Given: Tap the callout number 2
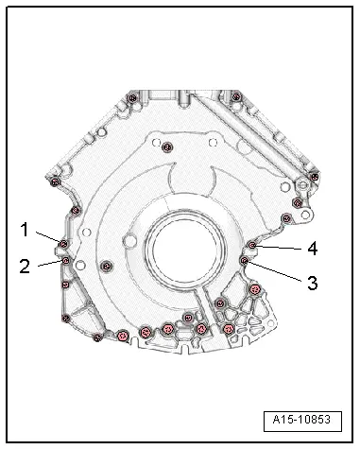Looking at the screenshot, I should coord(26,265).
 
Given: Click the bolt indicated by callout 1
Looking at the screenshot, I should coord(63,245).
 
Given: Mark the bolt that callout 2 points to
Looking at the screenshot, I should coord(65,261).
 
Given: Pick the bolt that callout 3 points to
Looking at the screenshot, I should coord(245,260).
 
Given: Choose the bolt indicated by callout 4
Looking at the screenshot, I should coord(251,246).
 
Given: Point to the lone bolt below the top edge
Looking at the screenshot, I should coord(166,146).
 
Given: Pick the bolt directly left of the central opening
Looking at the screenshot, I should coord(106,263).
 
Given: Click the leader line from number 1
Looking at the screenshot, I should coord(47,235).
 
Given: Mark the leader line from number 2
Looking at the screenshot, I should coord(47,264).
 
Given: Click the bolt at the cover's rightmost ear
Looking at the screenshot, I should coord(304,186).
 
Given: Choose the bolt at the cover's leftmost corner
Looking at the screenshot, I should coord(55,181).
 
